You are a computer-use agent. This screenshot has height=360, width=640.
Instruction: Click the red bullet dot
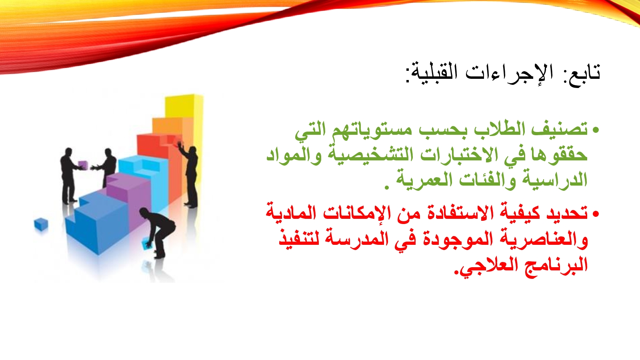pos(596,214)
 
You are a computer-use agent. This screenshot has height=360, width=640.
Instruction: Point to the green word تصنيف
pos(560,129)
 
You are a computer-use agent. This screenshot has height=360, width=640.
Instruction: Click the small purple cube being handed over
pos(82,165)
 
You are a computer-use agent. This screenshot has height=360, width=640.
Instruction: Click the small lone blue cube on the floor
pos(40,224)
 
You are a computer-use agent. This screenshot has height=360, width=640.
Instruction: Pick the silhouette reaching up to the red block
pos(189,174)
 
